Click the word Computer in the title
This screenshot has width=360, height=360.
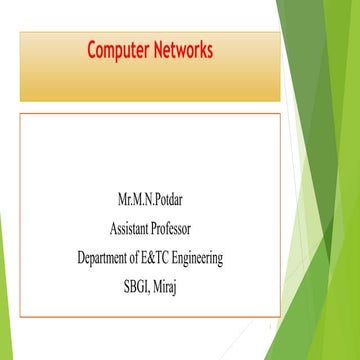[119, 48]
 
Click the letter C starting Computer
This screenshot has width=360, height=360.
[92, 48]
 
